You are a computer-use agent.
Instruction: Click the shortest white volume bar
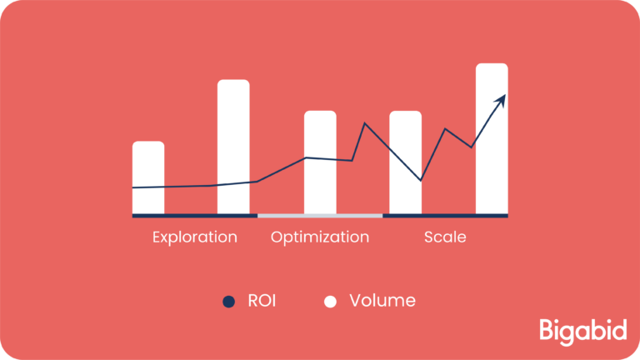point(148,177)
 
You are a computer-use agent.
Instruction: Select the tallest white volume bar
point(492,139)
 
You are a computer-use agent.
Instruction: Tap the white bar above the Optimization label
point(320,162)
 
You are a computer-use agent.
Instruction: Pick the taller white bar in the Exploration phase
point(233,147)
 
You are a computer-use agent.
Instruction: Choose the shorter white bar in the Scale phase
point(405,162)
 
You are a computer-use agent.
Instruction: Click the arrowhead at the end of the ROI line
point(501,101)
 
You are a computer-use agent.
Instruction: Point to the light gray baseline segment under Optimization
point(320,216)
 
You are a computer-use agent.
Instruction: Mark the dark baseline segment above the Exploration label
point(195,216)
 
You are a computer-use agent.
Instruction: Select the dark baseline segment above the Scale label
point(445,216)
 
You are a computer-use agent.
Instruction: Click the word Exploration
point(195,237)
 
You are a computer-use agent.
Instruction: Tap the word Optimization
point(320,237)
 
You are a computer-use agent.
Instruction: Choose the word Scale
point(445,237)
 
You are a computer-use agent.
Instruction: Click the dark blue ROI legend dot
point(228,302)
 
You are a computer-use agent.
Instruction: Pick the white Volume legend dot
point(330,302)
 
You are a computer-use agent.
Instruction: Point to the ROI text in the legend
point(262,301)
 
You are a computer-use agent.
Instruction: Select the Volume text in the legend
point(382,301)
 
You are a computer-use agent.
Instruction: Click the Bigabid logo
point(582,332)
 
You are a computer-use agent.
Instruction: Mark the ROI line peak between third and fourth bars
point(365,123)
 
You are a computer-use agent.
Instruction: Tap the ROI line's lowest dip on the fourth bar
point(420,180)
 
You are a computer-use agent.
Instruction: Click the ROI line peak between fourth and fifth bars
point(445,129)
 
